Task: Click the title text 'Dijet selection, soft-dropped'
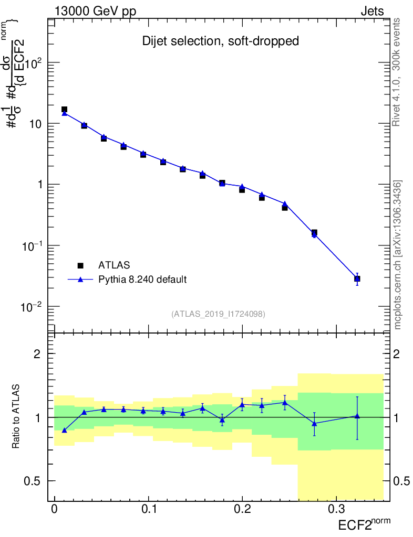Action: [221, 41]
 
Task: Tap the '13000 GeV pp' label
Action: [95, 11]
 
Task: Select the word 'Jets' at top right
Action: [371, 11]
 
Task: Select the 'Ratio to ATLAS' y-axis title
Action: [16, 416]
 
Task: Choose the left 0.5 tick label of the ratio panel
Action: [31, 481]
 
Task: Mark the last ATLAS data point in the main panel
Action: [357, 278]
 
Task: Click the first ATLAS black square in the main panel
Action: [64, 110]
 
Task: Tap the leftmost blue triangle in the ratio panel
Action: [64, 431]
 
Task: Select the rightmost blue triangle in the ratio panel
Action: [357, 416]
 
